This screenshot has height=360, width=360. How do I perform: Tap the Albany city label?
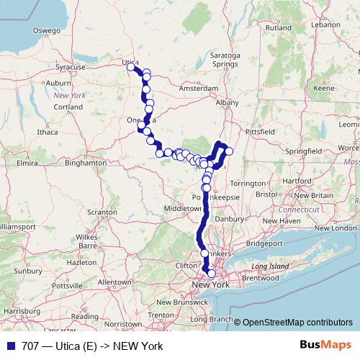(227, 103)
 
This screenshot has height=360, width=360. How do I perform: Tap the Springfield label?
(303, 152)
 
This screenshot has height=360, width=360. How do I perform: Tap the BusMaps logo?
(330, 346)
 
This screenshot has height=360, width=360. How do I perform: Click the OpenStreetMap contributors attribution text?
(297, 323)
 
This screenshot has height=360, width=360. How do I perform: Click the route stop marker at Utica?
(131, 67)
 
